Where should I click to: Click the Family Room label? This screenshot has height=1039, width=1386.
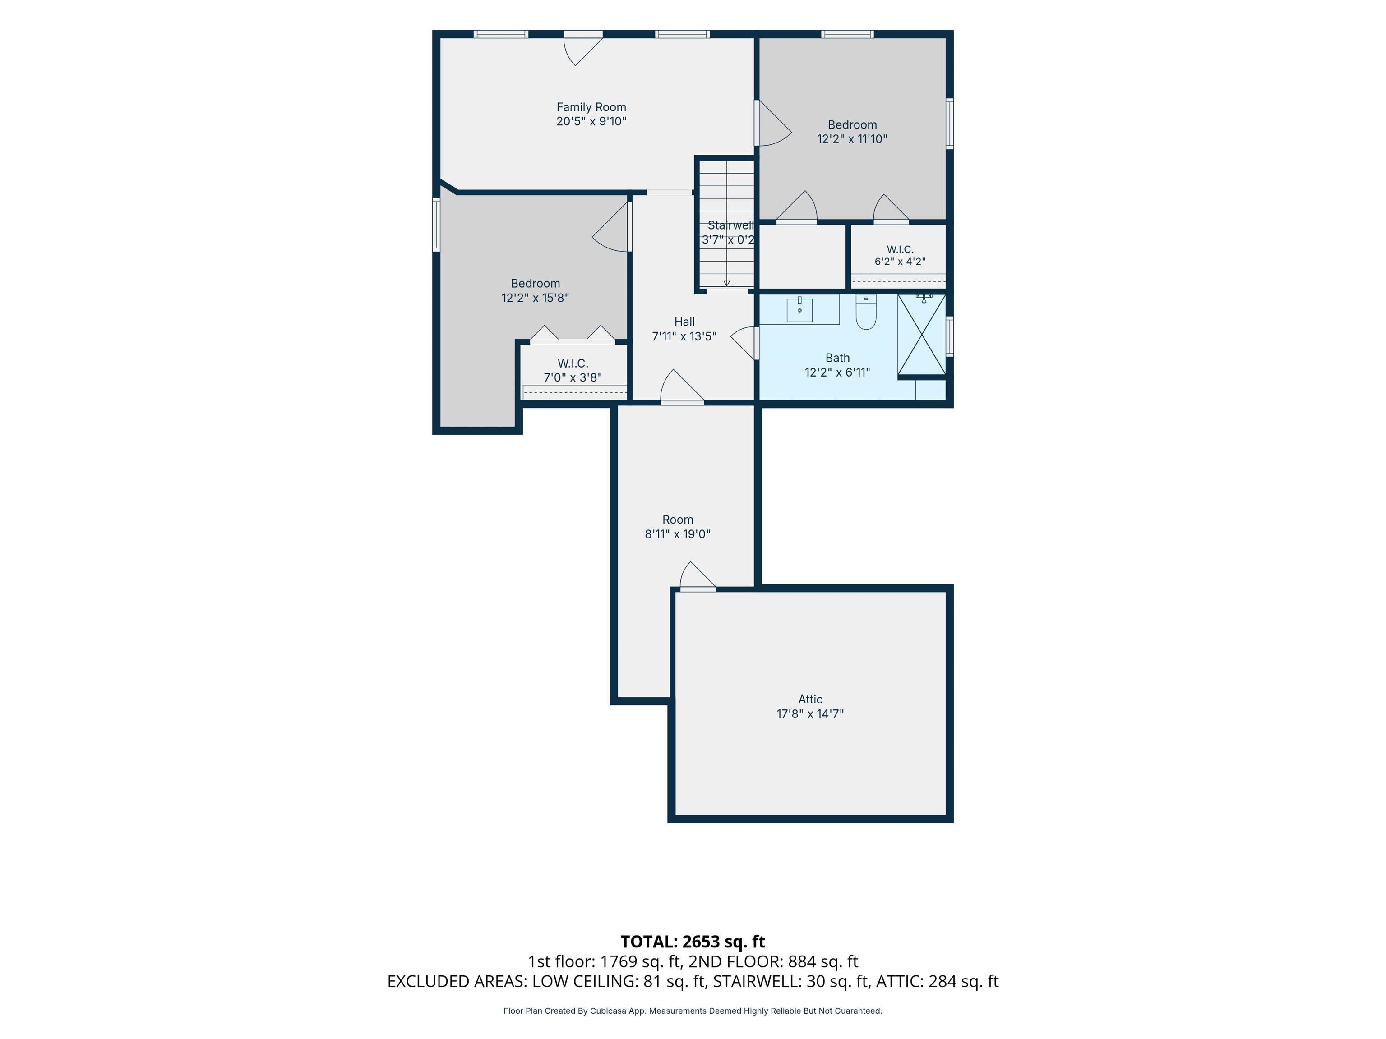pyautogui.click(x=591, y=107)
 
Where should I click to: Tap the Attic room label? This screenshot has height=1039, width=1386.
pyautogui.click(x=810, y=699)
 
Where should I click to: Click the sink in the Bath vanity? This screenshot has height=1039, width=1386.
pyautogui.click(x=799, y=309)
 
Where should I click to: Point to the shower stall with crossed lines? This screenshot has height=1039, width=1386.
pyautogui.click(x=922, y=335)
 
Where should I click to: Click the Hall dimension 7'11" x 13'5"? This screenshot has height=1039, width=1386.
pyautogui.click(x=684, y=336)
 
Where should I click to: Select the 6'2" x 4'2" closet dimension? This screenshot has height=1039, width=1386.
pyautogui.click(x=900, y=262)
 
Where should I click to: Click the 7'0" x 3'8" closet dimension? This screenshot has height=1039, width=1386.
pyautogui.click(x=573, y=377)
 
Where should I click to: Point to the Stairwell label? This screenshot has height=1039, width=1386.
pyautogui.click(x=730, y=225)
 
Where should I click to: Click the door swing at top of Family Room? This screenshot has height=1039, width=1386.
pyautogui.click(x=583, y=50)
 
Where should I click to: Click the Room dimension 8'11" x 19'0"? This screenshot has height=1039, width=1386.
pyautogui.click(x=677, y=534)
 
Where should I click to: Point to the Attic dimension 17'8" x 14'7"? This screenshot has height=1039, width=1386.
pyautogui.click(x=810, y=713)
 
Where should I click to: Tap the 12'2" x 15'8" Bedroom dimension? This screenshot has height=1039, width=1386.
pyautogui.click(x=535, y=298)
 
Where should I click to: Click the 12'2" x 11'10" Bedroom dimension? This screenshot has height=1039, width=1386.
pyautogui.click(x=852, y=139)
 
